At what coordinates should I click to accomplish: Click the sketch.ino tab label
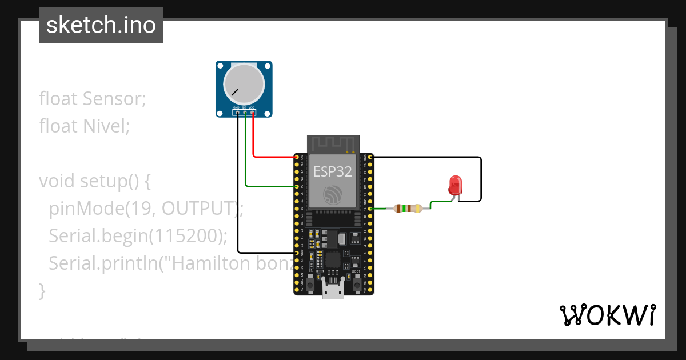(x=101, y=25)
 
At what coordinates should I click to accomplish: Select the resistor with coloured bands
(x=408, y=209)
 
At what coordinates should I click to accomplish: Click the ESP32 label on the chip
(x=332, y=171)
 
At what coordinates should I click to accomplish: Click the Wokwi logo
(x=607, y=315)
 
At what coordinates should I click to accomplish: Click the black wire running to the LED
(x=480, y=177)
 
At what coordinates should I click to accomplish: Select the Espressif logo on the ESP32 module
(x=332, y=195)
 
